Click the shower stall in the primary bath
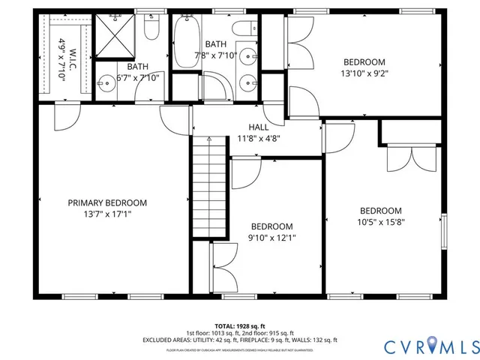[116, 36]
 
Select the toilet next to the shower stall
[151, 29]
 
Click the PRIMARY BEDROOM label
[107, 202]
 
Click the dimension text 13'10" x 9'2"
[364, 73]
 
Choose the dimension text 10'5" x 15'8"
[380, 221]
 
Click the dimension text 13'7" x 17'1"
[107, 214]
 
